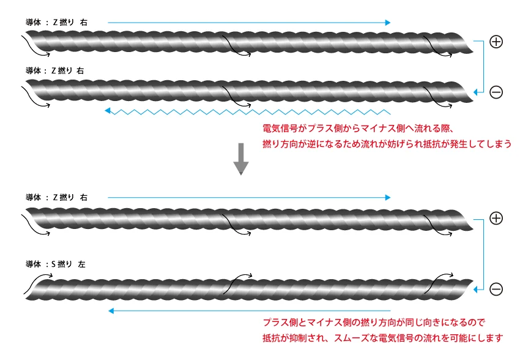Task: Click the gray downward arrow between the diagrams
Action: coord(241,159)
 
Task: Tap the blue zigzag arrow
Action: coord(248,111)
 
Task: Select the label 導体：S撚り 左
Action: coord(56,264)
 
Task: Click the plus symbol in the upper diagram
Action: coord(496,42)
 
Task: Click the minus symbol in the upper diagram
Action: coord(496,92)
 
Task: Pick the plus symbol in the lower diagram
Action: coord(496,218)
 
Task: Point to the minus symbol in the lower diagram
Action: coord(496,289)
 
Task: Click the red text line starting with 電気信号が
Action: coord(358,128)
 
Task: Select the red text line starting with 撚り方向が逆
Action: coord(387,144)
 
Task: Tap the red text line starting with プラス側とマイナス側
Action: coord(374,322)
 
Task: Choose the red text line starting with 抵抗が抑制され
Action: coord(383,338)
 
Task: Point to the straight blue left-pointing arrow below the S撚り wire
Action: coord(250,311)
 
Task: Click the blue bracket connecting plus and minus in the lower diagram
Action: coord(483,255)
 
